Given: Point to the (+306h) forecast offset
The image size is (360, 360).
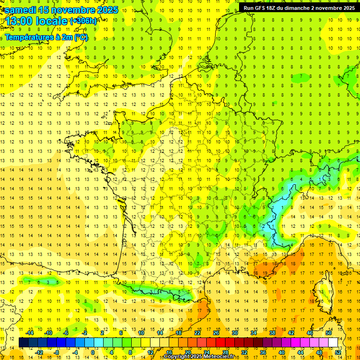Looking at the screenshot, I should (83, 21).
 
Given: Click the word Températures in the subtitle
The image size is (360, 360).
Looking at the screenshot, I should (31, 37).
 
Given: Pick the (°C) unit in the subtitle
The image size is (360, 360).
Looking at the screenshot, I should (81, 37).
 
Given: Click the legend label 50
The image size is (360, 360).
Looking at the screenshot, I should (328, 333).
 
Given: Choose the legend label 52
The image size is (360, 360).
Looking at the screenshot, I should (337, 352).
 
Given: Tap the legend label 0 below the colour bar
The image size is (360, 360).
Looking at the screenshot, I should (93, 352).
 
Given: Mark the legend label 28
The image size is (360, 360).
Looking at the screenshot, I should (225, 352).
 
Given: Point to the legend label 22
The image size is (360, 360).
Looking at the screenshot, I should (197, 333).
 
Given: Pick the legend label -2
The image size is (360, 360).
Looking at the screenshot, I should (84, 333).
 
